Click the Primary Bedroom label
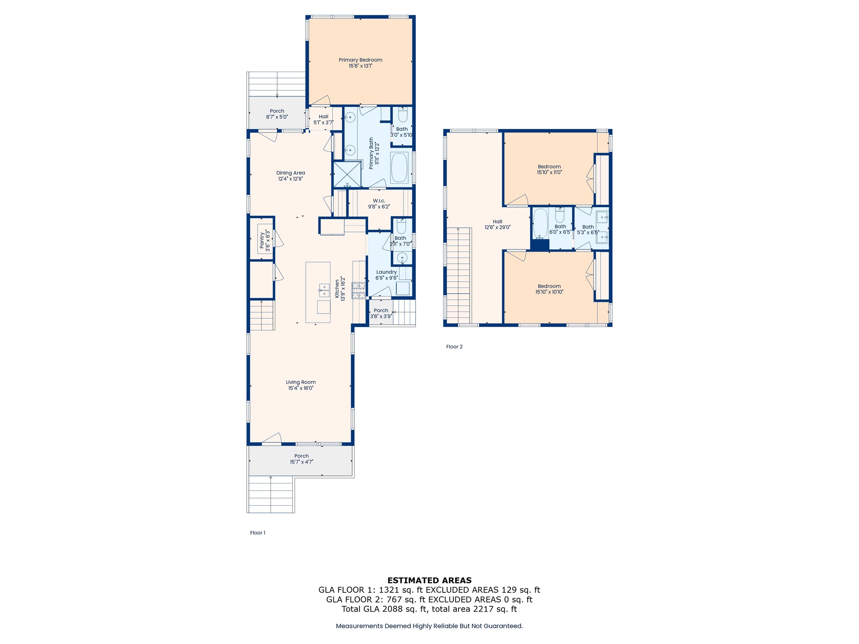(x=360, y=60)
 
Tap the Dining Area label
(x=290, y=173)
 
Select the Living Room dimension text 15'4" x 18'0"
(x=301, y=388)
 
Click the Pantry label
(x=262, y=240)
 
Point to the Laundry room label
(x=386, y=272)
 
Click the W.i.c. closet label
(x=379, y=201)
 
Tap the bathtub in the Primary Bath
(x=399, y=168)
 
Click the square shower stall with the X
(x=347, y=174)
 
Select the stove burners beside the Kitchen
(x=358, y=290)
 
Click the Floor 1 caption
(x=258, y=533)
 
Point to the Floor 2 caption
(x=454, y=347)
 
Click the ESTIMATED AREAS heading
(x=429, y=580)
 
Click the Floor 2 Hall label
(x=497, y=222)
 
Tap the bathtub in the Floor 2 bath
(x=540, y=223)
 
